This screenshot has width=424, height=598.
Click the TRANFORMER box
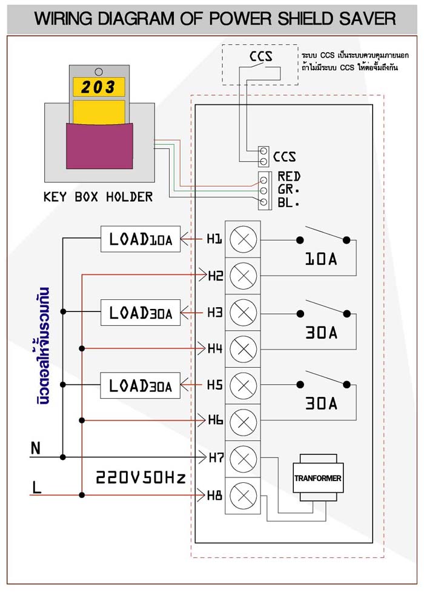[318, 477]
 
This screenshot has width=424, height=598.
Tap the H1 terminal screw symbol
[243, 239]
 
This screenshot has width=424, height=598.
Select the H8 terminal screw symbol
[243, 496]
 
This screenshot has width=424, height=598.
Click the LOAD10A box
[141, 239]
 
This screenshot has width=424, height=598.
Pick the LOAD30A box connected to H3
[141, 313]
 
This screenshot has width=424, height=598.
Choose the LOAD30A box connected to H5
[141, 385]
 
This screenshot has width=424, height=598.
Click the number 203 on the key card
[98, 87]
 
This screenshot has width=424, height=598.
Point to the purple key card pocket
[99, 145]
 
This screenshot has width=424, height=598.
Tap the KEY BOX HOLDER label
[98, 197]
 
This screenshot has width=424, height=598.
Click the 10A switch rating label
[321, 259]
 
